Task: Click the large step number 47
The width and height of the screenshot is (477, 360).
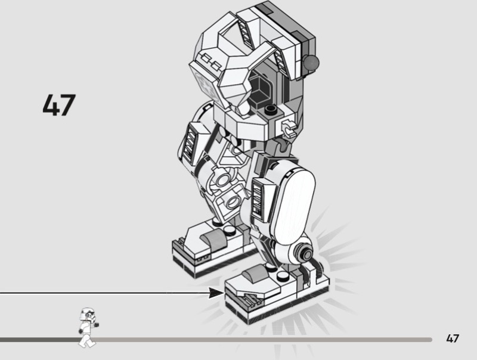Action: point(59,105)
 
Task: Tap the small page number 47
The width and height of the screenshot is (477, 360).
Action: point(453,339)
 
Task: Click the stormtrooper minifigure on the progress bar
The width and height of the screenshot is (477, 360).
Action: point(88,327)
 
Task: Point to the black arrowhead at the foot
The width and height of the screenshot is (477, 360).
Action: point(216,293)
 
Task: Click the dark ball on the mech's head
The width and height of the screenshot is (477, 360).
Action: point(311,63)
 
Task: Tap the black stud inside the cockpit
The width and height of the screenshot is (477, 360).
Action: point(270,110)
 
